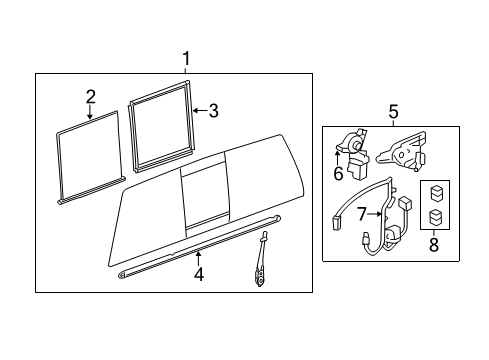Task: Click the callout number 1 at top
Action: tap(185, 57)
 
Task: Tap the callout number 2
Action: tap(90, 97)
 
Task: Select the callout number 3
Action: tap(213, 110)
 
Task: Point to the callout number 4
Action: tap(198, 273)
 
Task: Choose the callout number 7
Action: tap(363, 213)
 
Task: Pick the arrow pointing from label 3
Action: tap(197, 110)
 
